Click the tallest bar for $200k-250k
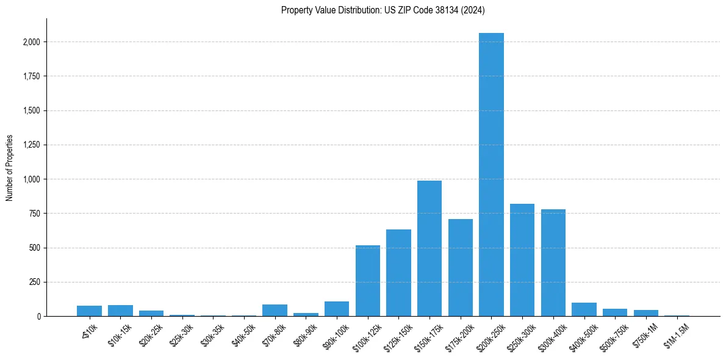coord(491,175)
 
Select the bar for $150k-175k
coord(429,248)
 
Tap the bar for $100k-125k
coord(368,281)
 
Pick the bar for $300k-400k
coord(553,262)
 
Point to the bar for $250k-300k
coord(522,260)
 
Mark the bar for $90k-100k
coord(337,309)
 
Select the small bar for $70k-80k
coord(275,310)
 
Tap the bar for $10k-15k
coord(120,311)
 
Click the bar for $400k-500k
coord(584,309)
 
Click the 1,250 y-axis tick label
coord(32,145)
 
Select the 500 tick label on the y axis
coord(35,248)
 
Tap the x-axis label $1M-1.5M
coord(674,334)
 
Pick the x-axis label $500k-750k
coord(612,334)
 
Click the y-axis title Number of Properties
coord(9,167)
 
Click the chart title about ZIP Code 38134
coord(383,10)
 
